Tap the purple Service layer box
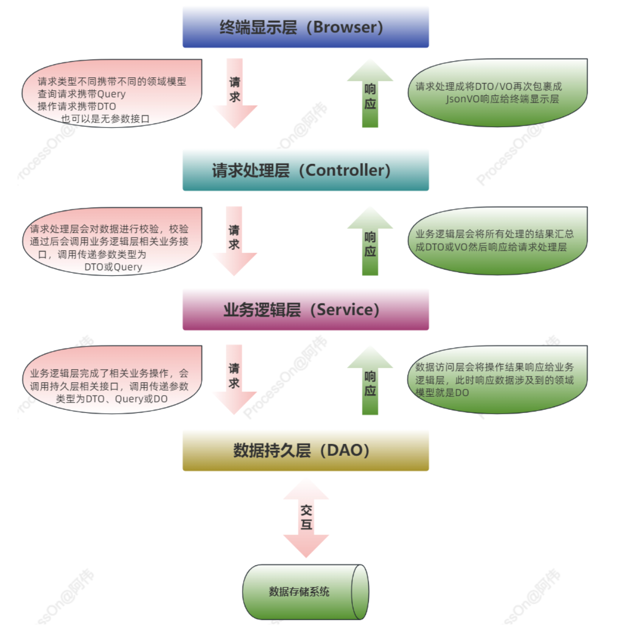tap(306, 310)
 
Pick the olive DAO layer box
tap(306, 450)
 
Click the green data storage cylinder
tap(306, 592)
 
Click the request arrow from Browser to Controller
tap(235, 93)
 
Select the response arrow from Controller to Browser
tap(370, 93)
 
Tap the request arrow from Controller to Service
tap(235, 241)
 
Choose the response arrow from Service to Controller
tap(370, 241)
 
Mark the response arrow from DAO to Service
tap(370, 381)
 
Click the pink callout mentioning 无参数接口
tap(111, 93)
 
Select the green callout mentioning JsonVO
tap(497, 93)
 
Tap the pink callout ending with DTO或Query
tap(111, 242)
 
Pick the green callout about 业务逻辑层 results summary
tap(497, 241)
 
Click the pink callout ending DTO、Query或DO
tap(111, 380)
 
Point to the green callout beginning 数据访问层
tap(497, 380)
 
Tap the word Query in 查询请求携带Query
tap(111, 94)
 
